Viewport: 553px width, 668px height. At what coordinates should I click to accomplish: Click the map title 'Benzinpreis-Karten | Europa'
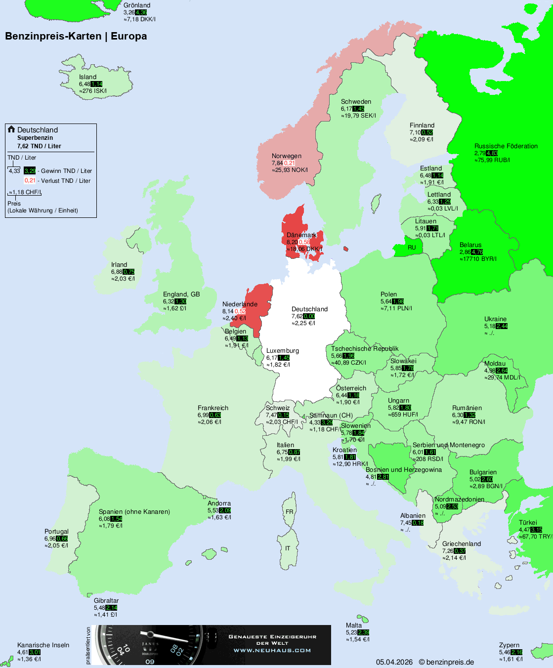click(76, 36)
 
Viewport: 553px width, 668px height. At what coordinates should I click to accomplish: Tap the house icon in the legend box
click(11, 129)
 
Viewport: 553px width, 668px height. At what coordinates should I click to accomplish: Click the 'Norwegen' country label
click(286, 156)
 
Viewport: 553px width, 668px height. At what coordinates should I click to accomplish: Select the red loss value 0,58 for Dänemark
click(304, 242)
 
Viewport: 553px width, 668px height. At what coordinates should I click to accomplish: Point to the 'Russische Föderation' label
click(506, 146)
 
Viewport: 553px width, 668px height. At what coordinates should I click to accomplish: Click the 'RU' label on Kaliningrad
click(412, 248)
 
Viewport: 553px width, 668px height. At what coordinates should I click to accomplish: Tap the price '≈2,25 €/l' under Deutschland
click(303, 323)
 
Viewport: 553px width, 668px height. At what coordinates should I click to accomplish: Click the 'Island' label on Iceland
click(87, 77)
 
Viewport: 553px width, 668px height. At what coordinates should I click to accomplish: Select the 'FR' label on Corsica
click(289, 512)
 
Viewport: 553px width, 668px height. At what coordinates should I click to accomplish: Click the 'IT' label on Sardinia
click(288, 548)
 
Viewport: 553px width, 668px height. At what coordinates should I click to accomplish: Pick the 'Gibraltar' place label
click(106, 601)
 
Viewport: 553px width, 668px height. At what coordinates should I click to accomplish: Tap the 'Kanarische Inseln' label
click(43, 645)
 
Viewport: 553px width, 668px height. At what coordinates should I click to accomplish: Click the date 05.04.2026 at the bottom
click(394, 662)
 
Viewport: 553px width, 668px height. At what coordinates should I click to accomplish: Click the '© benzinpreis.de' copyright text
click(446, 662)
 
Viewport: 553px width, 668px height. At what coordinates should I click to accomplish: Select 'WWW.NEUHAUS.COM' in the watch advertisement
click(272, 650)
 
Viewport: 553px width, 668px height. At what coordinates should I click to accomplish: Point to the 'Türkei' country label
click(527, 523)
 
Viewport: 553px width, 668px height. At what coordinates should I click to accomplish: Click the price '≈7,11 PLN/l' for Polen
click(396, 308)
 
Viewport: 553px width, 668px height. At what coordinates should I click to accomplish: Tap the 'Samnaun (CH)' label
click(331, 416)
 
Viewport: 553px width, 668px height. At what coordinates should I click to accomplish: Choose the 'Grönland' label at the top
click(137, 5)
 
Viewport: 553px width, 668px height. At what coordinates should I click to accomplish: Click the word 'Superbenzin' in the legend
click(35, 138)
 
